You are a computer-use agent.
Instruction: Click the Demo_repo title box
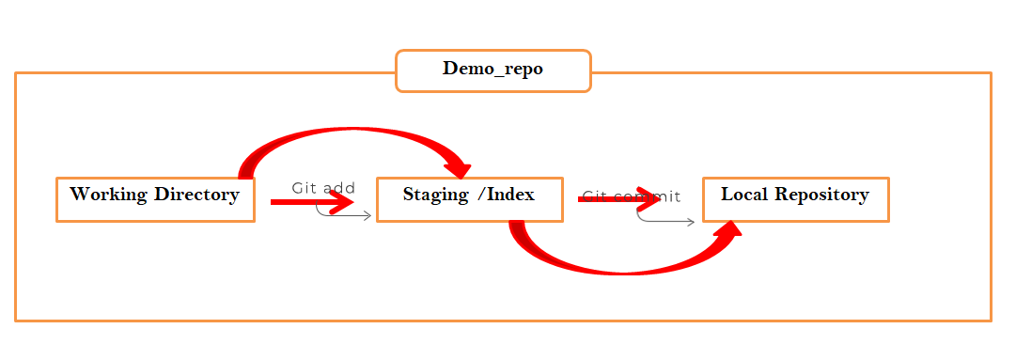coord(492,70)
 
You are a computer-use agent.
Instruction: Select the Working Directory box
coord(155,199)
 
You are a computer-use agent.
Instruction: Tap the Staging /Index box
coord(469,199)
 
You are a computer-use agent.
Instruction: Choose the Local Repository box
coord(795,199)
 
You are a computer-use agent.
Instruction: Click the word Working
coord(106,196)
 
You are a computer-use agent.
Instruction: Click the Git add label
coord(323,188)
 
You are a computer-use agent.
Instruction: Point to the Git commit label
coord(632,196)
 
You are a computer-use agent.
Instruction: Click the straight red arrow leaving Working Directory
coord(310,201)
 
